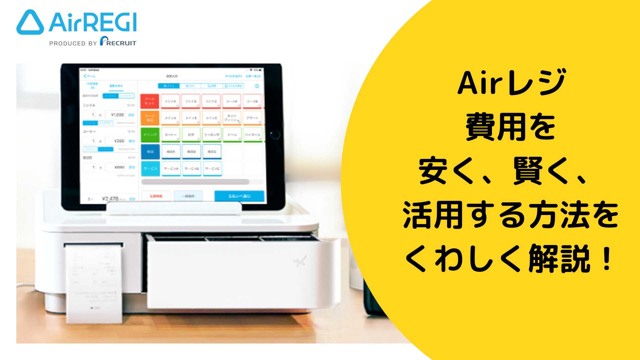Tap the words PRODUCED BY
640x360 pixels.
(73, 43)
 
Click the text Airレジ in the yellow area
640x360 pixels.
(511, 83)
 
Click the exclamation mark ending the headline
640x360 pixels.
(607, 259)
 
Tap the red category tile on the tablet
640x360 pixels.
(150, 101)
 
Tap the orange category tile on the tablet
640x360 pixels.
(150, 118)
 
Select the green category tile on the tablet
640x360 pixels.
(150, 135)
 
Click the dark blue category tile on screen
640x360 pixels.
(150, 152)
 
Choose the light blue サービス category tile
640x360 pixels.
(150, 169)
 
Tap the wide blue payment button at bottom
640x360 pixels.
(239, 196)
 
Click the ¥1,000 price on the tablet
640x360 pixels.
(117, 115)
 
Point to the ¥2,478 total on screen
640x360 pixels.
(110, 199)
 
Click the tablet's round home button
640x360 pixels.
(275, 135)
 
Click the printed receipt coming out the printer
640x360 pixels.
(94, 283)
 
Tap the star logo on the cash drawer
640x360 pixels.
(299, 262)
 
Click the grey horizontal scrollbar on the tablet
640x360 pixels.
(195, 182)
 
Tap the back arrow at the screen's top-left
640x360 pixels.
(85, 76)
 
